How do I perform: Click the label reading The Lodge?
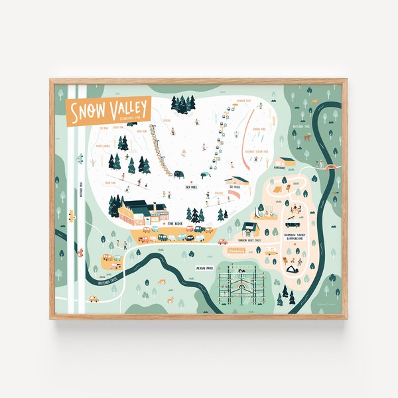tap(176, 224)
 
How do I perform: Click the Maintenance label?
tap(279, 167)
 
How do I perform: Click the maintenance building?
tap(287, 161)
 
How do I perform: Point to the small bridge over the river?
tap(325, 163)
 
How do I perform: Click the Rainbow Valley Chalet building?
tap(250, 230)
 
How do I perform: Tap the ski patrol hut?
tap(237, 180)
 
